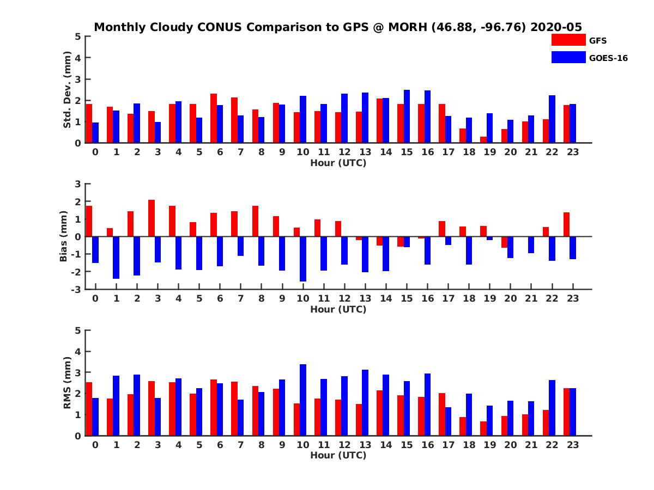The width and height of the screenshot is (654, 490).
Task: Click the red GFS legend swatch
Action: click(568, 40)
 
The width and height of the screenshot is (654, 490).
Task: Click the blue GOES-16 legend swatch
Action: click(568, 57)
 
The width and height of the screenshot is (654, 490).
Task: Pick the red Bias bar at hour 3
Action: click(152, 218)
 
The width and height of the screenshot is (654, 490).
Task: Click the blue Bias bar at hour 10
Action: click(303, 259)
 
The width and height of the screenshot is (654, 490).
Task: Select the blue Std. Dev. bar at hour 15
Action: click(407, 117)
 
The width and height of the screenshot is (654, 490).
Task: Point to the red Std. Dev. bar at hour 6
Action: click(214, 118)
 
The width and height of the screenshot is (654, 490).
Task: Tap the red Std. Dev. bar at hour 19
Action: click(483, 140)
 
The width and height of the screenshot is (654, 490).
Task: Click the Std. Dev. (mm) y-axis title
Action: click(68, 90)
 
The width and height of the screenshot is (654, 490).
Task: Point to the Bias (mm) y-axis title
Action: click(64, 236)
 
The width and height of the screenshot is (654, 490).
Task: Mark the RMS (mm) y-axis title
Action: click(68, 383)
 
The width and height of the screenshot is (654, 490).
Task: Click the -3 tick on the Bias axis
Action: click(77, 289)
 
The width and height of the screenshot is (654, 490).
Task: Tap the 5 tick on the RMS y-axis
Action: click(78, 330)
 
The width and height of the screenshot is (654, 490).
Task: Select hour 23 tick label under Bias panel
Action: click(573, 298)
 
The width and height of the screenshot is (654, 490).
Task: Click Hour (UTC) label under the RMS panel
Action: click(338, 455)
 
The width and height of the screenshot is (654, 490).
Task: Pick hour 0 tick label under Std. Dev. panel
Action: click(95, 152)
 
